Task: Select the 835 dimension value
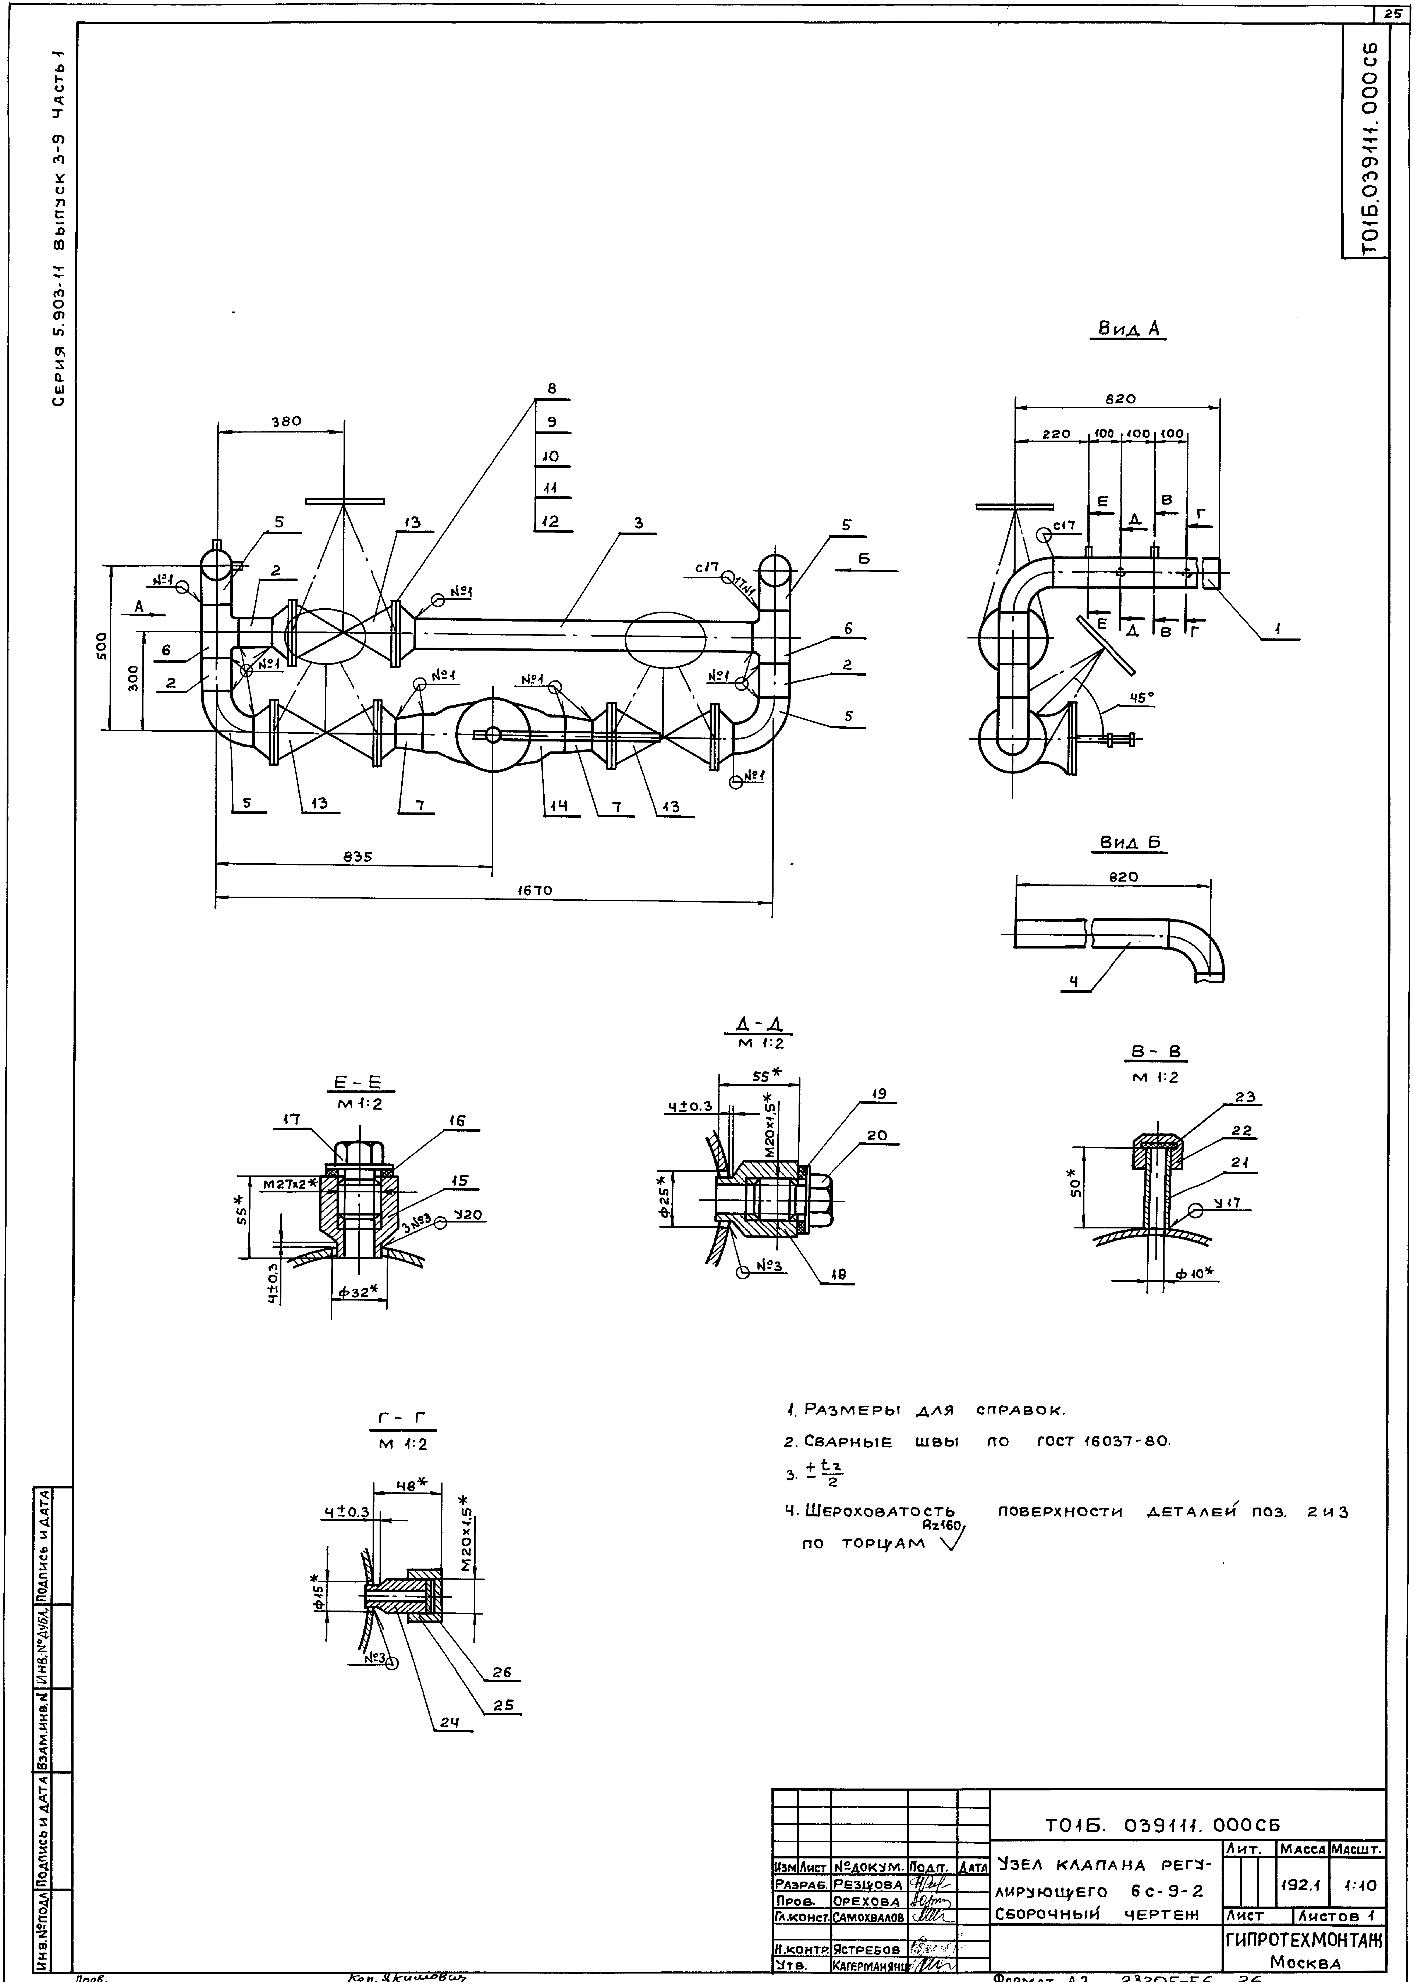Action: (x=357, y=857)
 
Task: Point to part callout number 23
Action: (x=1244, y=1098)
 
